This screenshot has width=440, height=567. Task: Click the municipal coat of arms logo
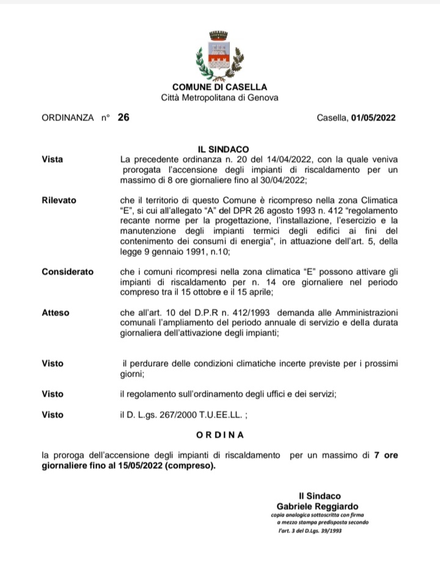[219, 54]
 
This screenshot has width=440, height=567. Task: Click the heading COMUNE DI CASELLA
[219, 87]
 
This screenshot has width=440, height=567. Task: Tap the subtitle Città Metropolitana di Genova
[219, 97]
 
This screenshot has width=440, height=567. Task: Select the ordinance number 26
[123, 118]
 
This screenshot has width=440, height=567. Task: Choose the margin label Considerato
[68, 271]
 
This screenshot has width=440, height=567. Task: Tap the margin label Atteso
[56, 313]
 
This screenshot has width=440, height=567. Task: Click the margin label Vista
[53, 159]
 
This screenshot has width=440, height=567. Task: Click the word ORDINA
[220, 435]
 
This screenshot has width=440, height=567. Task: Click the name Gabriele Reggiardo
[318, 507]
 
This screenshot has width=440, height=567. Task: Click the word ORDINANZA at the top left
[68, 119]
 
